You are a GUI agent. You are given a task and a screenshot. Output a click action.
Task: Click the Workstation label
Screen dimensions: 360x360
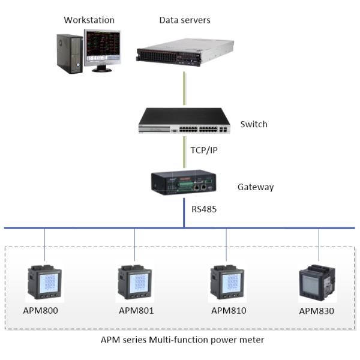[x=89, y=20]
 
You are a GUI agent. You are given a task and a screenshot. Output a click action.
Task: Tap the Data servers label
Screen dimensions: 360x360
[x=184, y=20]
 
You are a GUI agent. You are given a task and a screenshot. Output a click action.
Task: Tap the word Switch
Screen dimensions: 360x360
[x=253, y=125]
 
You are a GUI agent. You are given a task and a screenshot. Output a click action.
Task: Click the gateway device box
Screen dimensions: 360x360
[x=184, y=181]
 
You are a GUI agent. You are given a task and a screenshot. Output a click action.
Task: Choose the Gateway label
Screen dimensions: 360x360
[x=256, y=187]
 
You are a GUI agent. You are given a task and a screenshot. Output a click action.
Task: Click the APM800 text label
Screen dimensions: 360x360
[x=45, y=311]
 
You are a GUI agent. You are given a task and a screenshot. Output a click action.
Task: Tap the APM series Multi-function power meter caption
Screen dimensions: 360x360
[x=182, y=340]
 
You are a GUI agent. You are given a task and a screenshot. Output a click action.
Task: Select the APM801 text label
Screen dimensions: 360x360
[x=136, y=311]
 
